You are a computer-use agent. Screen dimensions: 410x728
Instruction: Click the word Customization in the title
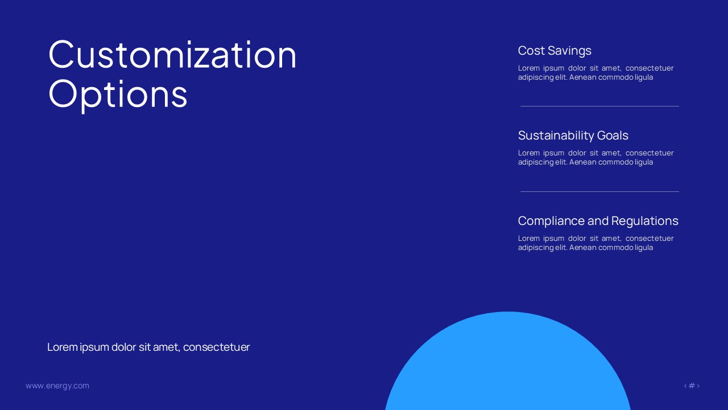[172, 55]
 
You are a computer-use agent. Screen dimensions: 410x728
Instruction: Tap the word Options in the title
[118, 94]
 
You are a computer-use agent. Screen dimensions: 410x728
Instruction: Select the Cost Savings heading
[555, 51]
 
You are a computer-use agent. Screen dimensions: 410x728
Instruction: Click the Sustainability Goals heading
[573, 136]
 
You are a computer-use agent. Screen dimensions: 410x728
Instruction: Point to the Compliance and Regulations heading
[598, 221]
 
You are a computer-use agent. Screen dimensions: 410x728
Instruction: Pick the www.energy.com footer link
[57, 386]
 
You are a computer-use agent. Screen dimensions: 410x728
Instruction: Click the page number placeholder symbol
[692, 386]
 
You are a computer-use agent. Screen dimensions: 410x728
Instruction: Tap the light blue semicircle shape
[508, 364]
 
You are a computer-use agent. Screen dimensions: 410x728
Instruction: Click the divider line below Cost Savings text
[599, 106]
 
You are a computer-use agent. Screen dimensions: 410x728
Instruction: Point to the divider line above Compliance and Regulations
[599, 191]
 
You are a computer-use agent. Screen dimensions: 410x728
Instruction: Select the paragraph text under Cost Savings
[595, 72]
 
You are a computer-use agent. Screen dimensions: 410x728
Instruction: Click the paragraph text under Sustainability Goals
[595, 157]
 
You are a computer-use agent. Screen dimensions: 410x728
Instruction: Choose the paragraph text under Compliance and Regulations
[595, 243]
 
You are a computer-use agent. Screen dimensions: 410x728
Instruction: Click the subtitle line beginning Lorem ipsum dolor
[148, 347]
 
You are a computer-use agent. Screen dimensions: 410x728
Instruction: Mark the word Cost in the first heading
[531, 51]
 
